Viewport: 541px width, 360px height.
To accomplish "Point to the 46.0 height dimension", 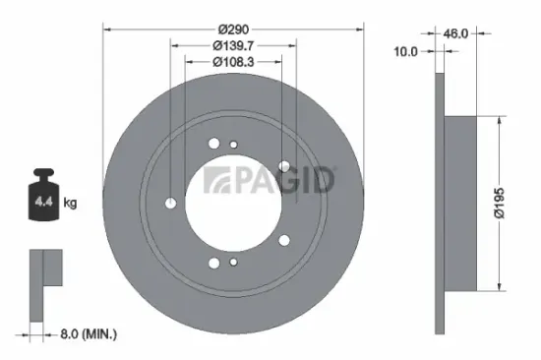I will [x=454, y=32].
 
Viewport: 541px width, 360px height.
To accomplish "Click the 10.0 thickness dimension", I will [x=407, y=50].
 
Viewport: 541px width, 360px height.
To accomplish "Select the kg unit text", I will [x=70, y=204].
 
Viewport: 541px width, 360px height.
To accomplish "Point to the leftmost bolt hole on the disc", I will [x=171, y=204].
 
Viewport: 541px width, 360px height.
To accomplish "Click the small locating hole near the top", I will [x=233, y=146].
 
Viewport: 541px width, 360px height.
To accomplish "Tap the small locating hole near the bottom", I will [x=233, y=263].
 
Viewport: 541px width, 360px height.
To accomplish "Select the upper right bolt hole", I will [x=284, y=166].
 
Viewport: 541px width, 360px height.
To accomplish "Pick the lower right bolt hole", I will [x=284, y=241].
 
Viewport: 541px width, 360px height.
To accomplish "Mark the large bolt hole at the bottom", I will [x=213, y=263].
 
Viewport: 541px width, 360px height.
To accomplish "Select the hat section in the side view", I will [x=461, y=204].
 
